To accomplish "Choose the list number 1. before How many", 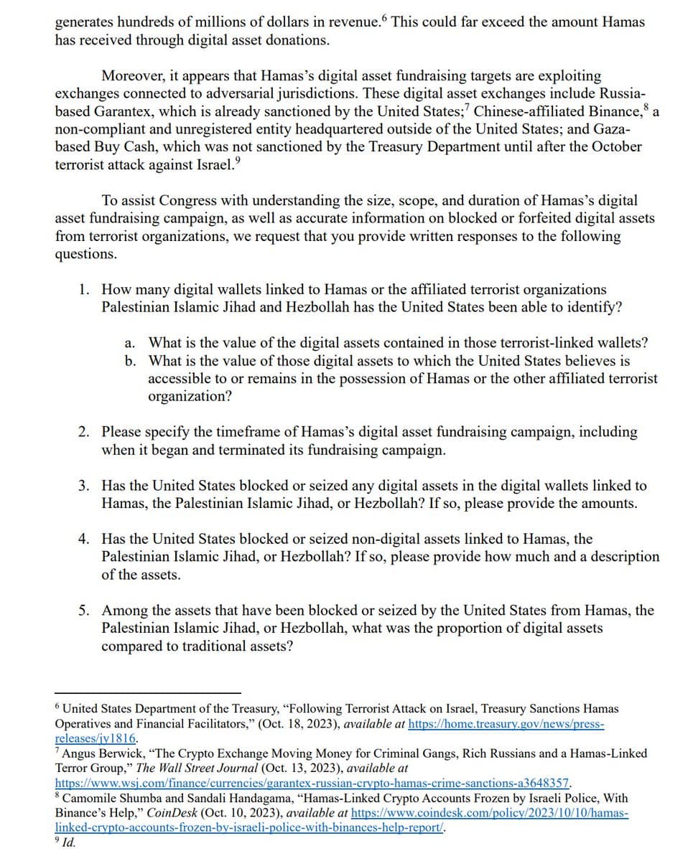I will pyautogui.click(x=84, y=289).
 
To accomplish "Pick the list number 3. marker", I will pyautogui.click(x=84, y=486).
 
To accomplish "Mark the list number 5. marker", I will pyautogui.click(x=84, y=611).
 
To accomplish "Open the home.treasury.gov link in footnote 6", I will pyautogui.click(x=506, y=724).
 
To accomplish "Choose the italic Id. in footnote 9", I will pyautogui.click(x=70, y=842).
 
